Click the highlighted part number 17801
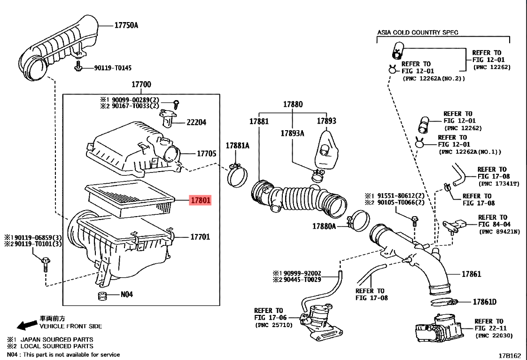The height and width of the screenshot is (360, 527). [200, 200]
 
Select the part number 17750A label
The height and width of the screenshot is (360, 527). [126, 25]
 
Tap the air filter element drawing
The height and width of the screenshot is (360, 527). [130, 198]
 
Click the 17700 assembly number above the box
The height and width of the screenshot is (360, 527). [141, 84]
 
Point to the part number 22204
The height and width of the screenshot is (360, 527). [196, 122]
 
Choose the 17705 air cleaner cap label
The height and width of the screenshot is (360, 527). [206, 153]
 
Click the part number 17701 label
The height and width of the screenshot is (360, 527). [200, 237]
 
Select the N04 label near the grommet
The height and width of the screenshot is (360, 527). [127, 294]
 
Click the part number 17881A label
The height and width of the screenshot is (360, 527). [238, 145]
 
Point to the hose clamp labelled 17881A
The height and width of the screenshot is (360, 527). [237, 175]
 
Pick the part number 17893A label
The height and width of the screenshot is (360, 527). [293, 133]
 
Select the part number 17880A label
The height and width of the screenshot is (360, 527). [324, 226]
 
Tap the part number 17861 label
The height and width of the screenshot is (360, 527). [471, 274]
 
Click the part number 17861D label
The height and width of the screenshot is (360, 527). [485, 302]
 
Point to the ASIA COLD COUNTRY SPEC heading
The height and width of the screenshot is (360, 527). [418, 32]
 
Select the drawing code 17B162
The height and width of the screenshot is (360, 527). [510, 355]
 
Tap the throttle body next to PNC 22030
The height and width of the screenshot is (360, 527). [439, 329]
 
